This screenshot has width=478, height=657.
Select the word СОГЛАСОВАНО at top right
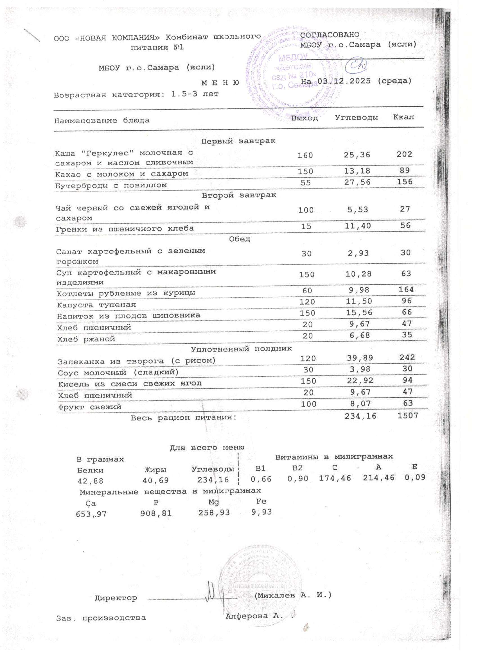[x=330, y=35]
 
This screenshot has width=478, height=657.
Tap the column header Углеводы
[x=356, y=118]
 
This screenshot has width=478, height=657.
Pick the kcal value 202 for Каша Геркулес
[x=404, y=154]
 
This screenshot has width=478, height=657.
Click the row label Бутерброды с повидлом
[x=111, y=185]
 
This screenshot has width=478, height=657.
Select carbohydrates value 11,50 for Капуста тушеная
[x=358, y=301]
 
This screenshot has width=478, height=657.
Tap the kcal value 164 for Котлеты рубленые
[x=406, y=289]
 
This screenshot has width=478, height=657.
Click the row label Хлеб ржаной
[x=86, y=339]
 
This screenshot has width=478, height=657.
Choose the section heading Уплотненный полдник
[x=241, y=349]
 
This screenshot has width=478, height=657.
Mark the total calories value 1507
[x=407, y=416]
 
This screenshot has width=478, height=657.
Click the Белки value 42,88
[x=90, y=481]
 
